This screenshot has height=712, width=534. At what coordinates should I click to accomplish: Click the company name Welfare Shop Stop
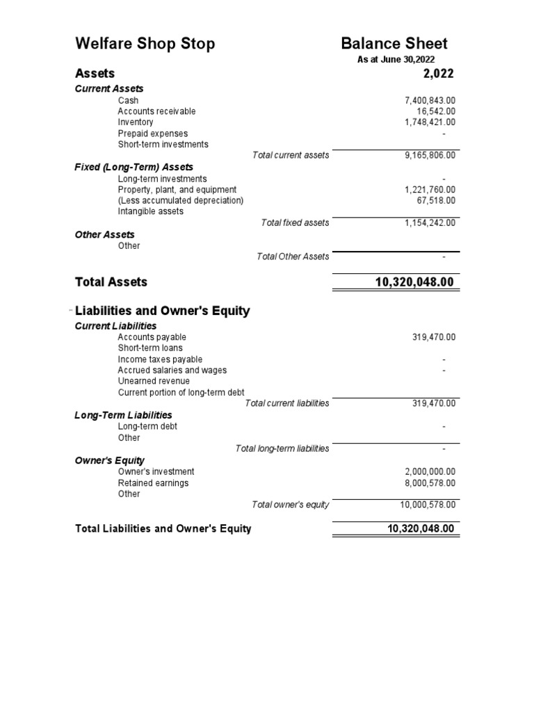[145, 44]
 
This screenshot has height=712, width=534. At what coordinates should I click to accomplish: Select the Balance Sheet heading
[394, 44]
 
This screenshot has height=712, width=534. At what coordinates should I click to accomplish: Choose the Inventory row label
[136, 122]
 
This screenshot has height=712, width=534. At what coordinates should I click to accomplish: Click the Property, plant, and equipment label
[177, 190]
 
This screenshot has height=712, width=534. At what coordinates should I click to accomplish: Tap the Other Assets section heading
[104, 234]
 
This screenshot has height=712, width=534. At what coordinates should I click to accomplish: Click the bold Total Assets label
[111, 282]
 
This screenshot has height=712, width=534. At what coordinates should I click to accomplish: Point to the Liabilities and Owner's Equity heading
[162, 311]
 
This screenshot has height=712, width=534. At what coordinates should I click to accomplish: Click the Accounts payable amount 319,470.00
[434, 337]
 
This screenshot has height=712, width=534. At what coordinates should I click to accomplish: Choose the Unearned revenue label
[154, 381]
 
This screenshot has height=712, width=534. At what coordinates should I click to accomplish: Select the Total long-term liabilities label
[282, 448]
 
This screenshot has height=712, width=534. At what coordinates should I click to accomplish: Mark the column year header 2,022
[438, 74]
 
